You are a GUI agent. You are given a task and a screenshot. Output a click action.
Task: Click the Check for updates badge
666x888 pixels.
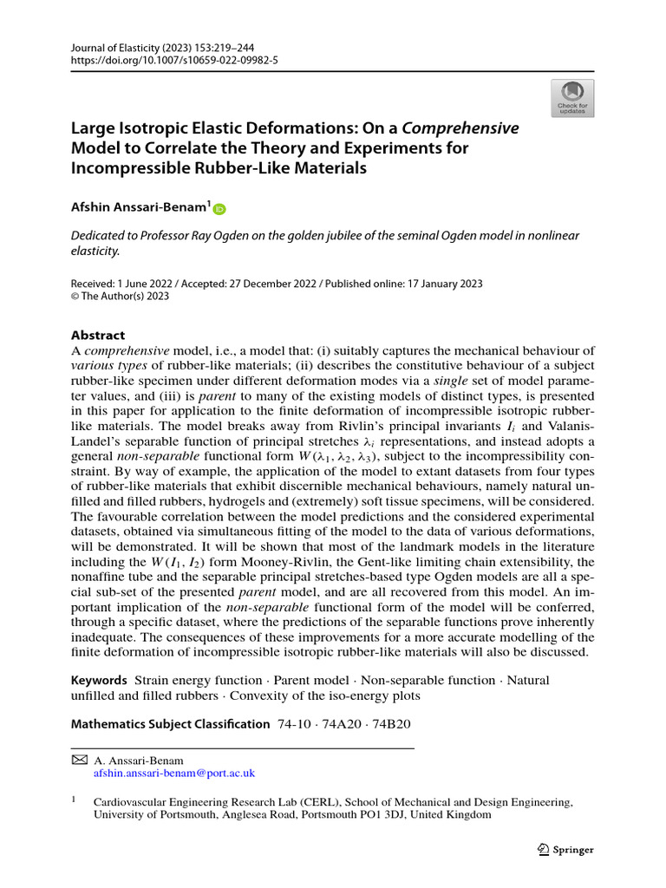572,97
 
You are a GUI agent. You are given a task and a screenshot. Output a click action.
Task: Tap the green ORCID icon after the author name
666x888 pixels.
219,208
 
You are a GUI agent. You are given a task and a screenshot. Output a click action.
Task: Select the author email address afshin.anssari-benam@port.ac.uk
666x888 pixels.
173,772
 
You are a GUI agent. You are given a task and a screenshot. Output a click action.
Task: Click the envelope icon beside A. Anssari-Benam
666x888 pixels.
78,759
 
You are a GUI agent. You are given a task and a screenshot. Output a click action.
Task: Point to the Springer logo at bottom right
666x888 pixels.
565,850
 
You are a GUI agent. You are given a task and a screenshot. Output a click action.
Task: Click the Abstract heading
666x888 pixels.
97,335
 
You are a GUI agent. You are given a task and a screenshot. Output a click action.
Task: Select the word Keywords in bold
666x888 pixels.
99,680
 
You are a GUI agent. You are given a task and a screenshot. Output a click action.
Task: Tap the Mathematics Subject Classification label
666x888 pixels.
170,723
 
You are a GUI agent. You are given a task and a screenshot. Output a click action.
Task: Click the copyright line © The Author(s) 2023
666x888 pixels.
120,296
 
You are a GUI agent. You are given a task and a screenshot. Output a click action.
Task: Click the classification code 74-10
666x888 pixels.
292,723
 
